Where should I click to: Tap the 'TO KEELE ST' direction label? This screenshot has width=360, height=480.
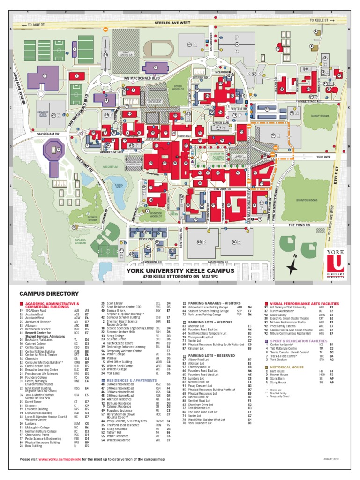[x=319, y=21]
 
